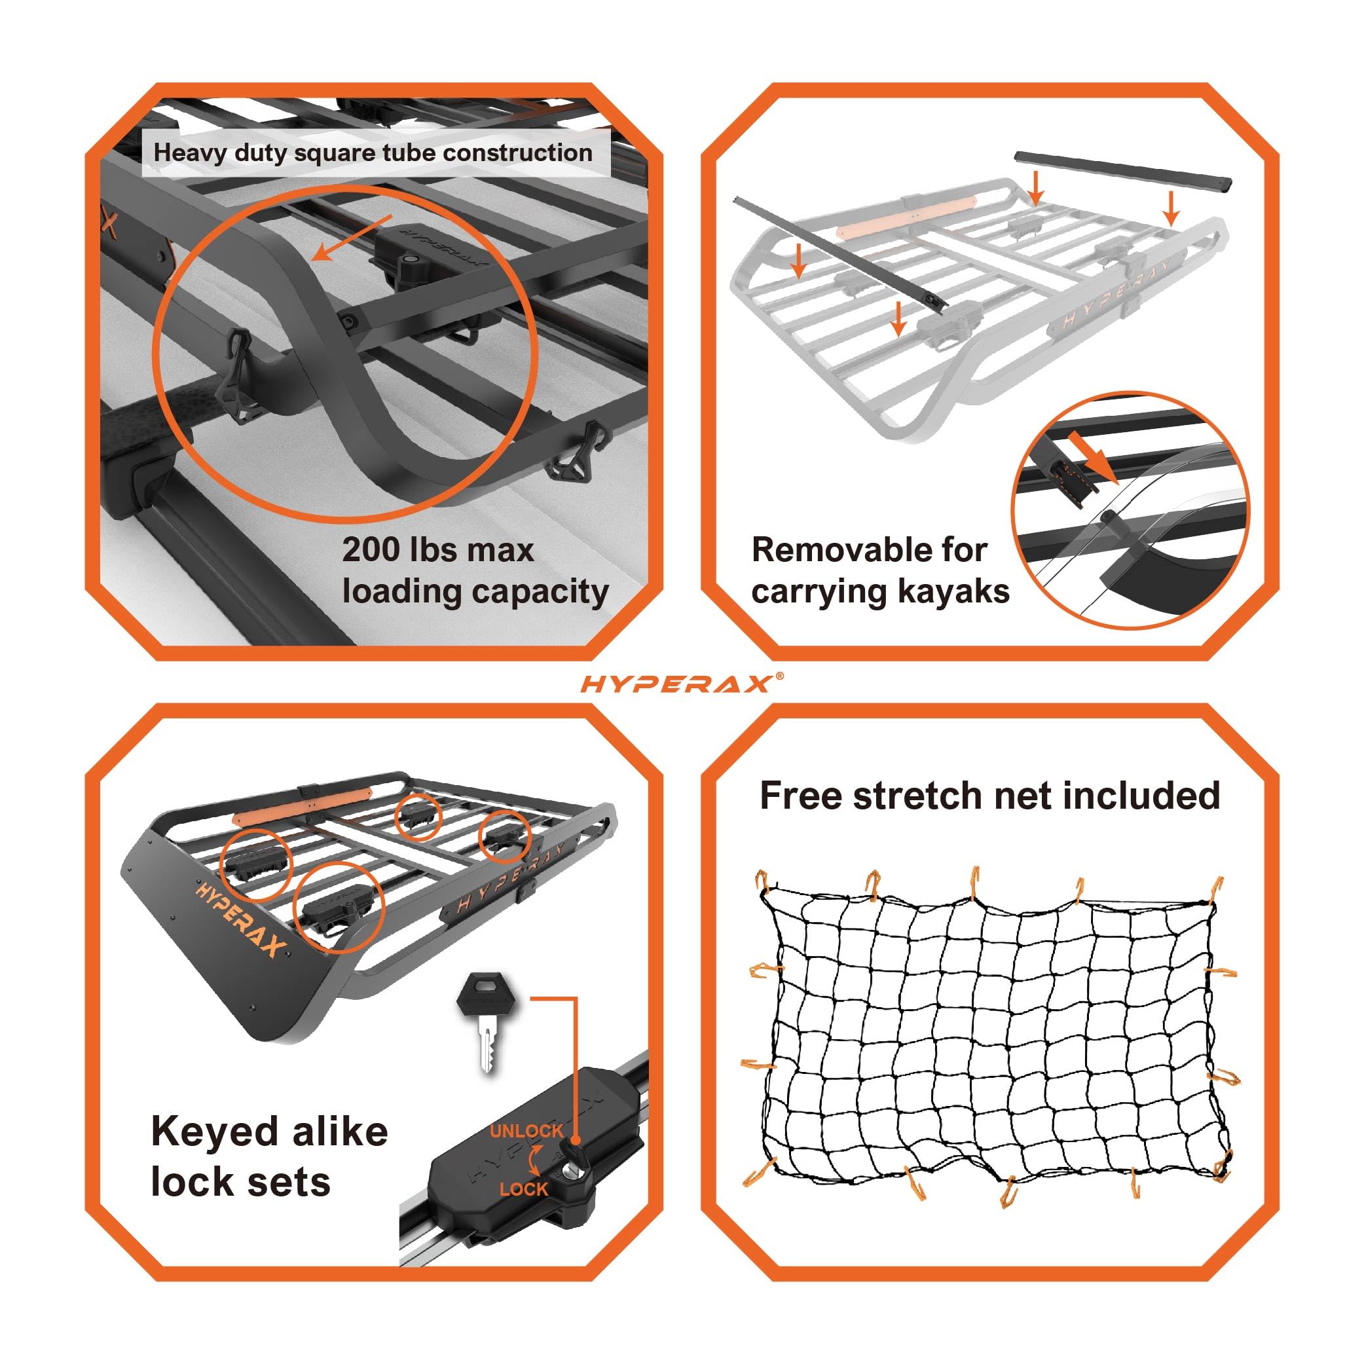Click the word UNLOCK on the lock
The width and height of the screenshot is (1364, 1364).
coord(526,1130)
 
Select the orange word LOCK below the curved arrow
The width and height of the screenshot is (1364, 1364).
coord(523,1189)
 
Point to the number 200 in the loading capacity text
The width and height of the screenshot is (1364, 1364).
coord(372,549)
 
